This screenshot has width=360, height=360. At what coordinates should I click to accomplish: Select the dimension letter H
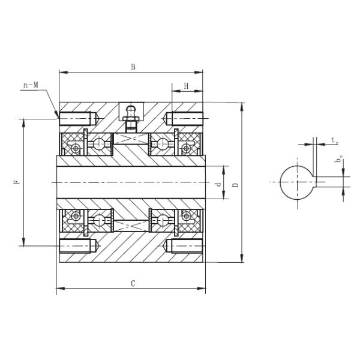pos(187,86)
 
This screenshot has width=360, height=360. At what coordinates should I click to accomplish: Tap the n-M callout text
pos(31,86)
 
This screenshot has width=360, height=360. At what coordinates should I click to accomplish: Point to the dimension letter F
pos(17,180)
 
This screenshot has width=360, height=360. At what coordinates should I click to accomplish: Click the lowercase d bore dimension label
pos(219,184)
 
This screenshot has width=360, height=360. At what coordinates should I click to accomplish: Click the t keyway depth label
pos(333,141)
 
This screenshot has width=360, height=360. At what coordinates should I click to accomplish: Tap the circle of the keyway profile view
pos(296,181)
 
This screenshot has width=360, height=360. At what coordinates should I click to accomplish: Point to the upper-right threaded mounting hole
pos(184,118)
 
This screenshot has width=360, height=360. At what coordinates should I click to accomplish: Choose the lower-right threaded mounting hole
pos(184,246)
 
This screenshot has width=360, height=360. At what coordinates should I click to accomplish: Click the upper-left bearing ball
pos(100,143)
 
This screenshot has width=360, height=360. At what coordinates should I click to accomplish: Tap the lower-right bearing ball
pos(161,221)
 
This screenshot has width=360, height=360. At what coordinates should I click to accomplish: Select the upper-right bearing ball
pos(161,143)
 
